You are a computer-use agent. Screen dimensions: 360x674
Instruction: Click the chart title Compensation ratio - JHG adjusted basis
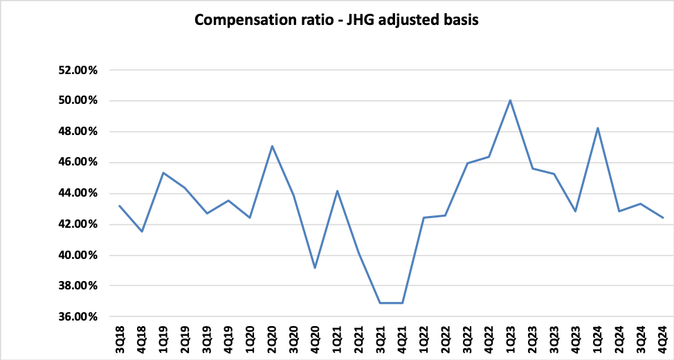tap(336, 19)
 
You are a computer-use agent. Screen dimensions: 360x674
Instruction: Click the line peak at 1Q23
tap(510, 100)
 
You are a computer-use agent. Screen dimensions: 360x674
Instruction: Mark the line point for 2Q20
tap(272, 145)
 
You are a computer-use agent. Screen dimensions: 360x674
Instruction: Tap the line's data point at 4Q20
tap(315, 268)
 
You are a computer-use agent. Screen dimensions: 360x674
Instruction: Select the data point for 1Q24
tap(597, 127)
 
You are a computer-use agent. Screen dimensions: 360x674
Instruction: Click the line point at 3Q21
tap(380, 303)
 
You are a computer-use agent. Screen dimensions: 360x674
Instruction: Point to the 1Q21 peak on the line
tap(337, 190)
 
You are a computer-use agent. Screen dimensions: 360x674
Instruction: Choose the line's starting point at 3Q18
tap(120, 206)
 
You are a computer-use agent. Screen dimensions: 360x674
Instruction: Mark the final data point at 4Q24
tap(662, 217)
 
